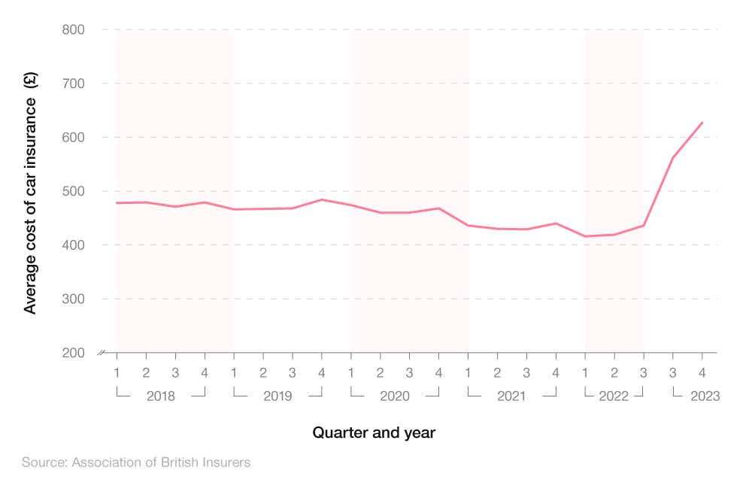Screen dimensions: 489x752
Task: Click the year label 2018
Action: pos(160,396)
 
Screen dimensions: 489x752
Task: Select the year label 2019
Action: pos(277,396)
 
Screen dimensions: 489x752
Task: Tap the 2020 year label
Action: pos(395,396)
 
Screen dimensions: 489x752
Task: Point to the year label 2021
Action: pos(511,396)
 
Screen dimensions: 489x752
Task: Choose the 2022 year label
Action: pos(614,396)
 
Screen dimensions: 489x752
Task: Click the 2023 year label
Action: pos(705,396)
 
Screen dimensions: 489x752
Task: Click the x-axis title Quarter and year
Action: pos(374,433)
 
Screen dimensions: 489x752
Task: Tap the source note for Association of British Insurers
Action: pos(136,462)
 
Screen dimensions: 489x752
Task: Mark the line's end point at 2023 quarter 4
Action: pos(702,123)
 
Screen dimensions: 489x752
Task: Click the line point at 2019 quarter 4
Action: pos(321,199)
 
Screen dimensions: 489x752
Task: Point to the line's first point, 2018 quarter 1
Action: pos(117,203)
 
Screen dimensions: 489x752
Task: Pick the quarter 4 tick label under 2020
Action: pos(438,372)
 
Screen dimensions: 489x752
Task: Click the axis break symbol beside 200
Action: pos(102,352)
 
